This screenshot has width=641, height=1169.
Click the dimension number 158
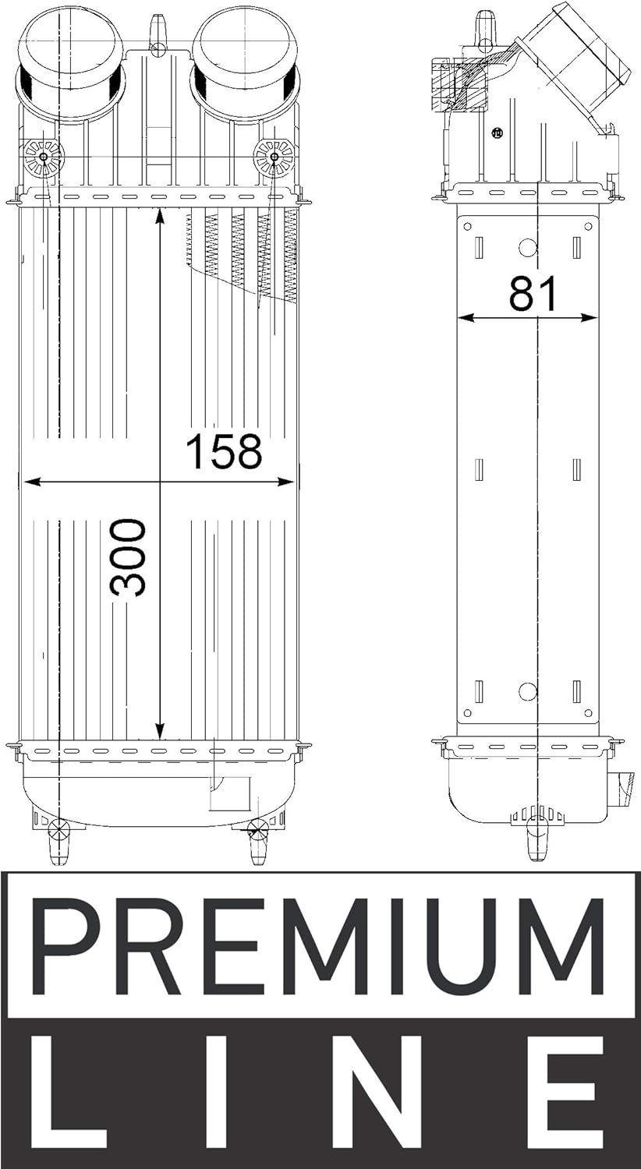(x=223, y=452)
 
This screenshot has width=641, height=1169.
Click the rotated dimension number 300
(x=129, y=558)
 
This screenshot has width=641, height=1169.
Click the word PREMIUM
(x=320, y=945)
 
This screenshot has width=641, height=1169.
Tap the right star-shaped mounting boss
(x=274, y=158)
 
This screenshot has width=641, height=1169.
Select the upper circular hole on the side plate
(x=528, y=247)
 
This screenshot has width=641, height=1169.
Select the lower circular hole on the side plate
(x=528, y=691)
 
